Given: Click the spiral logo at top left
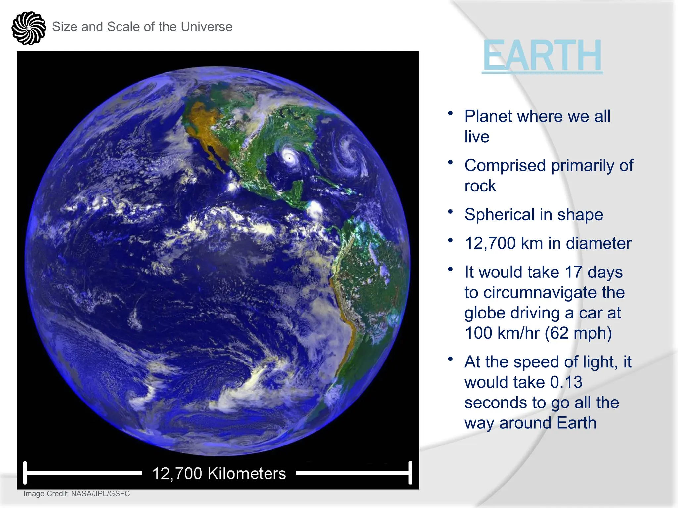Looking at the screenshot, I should pos(28,28).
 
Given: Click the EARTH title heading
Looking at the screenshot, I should pos(542,56).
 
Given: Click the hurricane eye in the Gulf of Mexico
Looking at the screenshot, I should pos(290,158).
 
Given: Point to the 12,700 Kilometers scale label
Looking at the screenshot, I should pos(219,473).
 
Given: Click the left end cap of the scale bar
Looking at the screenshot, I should pos(25,473).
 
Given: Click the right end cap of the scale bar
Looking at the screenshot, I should pos(410,473).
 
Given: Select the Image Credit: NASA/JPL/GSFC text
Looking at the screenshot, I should pos(77,494).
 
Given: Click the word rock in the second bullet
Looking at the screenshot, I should pos(480,186).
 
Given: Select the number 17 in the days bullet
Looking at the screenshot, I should pos(573,272).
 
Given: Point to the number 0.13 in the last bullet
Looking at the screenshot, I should pos(566,382).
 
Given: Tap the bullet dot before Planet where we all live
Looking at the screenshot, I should pos(450,113).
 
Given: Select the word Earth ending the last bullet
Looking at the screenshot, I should pos(576,423).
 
